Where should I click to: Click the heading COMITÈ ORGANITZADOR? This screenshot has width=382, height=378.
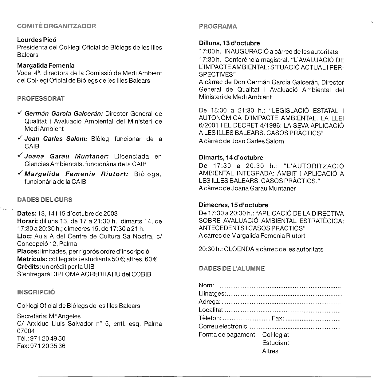pyautogui.click(x=56, y=26)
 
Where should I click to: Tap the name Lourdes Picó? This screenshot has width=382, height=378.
pyautogui.click(x=37, y=40)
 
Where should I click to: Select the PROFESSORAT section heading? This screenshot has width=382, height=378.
pyautogui.click(x=41, y=99)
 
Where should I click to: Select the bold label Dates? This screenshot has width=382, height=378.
pyautogui.click(x=27, y=214)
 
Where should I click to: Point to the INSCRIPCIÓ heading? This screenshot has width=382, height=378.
pyautogui.click(x=36, y=292)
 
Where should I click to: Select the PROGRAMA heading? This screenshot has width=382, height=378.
pyautogui.click(x=218, y=26)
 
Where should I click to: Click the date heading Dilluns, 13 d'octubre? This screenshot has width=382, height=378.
pyautogui.click(x=229, y=43)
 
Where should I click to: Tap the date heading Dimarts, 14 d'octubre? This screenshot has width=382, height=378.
pyautogui.click(x=231, y=158)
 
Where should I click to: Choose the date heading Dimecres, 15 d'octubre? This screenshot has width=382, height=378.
pyautogui.click(x=233, y=205)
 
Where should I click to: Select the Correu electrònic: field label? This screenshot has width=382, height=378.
pyautogui.click(x=223, y=326)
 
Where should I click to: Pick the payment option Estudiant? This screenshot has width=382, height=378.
pyautogui.click(x=276, y=343)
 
